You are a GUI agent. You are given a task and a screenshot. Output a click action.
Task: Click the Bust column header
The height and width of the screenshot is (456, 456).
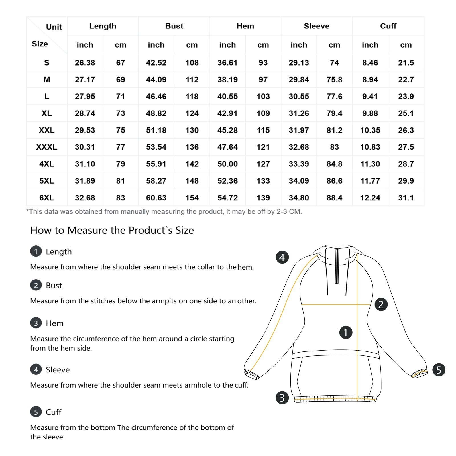(174, 26)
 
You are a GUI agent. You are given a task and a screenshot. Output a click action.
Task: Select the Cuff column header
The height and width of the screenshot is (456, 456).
(388, 26)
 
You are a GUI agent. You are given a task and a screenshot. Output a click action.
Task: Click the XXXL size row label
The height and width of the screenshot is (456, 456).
(46, 147)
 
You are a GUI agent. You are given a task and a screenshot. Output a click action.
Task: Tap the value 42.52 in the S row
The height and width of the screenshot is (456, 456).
(156, 63)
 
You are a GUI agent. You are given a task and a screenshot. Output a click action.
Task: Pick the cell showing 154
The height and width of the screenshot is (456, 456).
(192, 198)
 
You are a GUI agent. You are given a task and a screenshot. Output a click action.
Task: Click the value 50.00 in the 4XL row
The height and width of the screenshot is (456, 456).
(227, 164)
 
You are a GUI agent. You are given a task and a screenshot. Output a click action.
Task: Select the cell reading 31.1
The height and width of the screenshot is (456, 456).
(406, 198)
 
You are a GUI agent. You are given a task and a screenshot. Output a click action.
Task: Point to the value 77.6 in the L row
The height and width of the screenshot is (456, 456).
(334, 96)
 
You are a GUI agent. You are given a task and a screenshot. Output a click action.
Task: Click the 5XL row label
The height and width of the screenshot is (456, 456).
(46, 181)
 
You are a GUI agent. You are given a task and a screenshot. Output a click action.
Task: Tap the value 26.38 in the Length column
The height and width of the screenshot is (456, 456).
(85, 63)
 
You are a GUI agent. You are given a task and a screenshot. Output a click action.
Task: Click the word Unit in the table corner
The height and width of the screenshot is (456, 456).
(54, 27)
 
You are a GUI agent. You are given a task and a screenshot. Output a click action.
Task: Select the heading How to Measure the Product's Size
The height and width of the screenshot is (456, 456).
(112, 230)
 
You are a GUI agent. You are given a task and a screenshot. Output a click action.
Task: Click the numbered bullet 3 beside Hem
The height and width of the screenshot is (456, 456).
(36, 323)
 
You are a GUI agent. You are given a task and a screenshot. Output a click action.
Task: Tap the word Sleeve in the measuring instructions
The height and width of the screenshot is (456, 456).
(58, 370)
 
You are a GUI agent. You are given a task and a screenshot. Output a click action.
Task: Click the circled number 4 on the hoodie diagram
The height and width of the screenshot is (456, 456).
(282, 257)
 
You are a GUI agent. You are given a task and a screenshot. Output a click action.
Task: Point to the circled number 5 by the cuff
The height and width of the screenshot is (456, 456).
(439, 370)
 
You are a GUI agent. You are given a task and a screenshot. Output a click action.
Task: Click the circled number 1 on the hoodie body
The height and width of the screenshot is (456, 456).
(346, 332)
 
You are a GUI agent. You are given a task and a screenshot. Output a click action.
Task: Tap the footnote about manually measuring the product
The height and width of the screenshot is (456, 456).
(164, 212)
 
